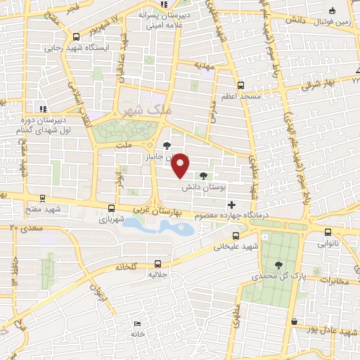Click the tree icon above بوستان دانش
(x=203, y=176)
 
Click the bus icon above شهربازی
(x=111, y=208)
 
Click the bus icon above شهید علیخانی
(x=236, y=236)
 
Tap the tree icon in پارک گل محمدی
(x=278, y=265)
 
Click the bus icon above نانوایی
(x=327, y=232)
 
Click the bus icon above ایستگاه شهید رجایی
(x=75, y=37)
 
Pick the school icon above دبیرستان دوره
(x=42, y=109)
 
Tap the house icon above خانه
(x=136, y=323)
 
